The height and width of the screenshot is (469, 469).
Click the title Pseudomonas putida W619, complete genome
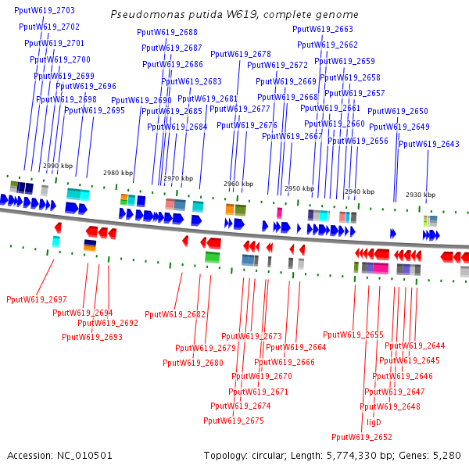(x=234, y=14)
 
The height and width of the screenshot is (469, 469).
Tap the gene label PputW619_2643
(x=429, y=144)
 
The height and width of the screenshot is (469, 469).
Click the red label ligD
(x=374, y=422)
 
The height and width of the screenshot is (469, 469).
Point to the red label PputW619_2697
(x=37, y=299)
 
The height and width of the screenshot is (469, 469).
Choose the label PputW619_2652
(x=362, y=437)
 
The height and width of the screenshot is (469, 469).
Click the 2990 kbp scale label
(x=58, y=166)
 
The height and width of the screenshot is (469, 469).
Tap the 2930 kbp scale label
(x=420, y=195)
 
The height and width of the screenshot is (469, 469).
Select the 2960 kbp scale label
(x=238, y=184)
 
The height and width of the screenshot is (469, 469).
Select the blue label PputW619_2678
(x=241, y=54)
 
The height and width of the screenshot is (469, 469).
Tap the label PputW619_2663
(x=323, y=29)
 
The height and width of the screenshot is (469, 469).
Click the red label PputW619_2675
(x=234, y=421)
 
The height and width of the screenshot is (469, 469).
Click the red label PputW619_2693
(x=92, y=337)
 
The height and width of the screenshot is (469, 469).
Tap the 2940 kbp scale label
(x=359, y=192)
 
